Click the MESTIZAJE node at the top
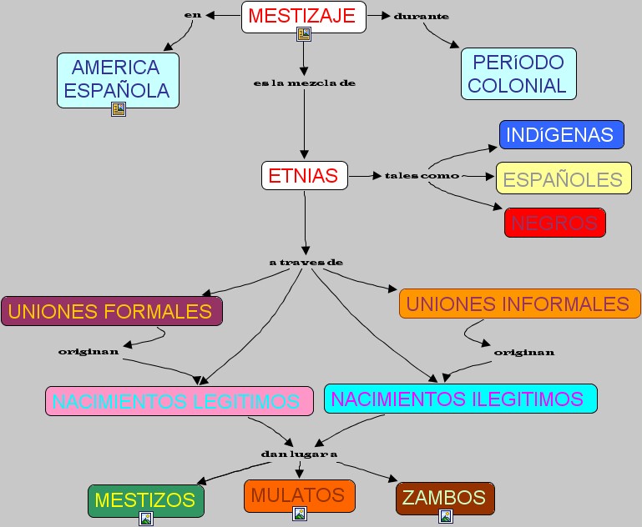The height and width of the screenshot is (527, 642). coord(303,15)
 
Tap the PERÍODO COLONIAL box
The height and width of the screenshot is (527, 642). coord(518,73)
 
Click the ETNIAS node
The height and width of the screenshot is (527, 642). coord(304,175)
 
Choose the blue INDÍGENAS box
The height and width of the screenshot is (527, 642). coord(561,134)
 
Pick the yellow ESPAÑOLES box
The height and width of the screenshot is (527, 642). coord(564,179)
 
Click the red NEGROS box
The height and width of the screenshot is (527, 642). coord(554,223)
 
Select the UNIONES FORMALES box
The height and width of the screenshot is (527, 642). coord(111,312)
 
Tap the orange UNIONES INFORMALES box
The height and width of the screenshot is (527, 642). coord(518,304)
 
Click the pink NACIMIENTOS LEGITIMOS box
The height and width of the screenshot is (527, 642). coord(179,401)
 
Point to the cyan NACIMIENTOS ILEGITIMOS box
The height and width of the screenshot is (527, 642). coord(460,399)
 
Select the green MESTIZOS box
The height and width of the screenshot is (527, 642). coord(145,500)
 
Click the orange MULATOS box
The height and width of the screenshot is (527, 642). coord(299,495)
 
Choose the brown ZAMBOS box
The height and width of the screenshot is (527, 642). coord(445,498)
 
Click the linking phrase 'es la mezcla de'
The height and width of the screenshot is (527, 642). coord(304,83)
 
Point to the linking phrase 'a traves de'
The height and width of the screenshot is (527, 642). coord(306,262)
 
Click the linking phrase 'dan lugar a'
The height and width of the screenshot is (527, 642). coord(298,454)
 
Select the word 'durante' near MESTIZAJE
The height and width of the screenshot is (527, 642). coord(421,16)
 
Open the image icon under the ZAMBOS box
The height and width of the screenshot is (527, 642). coord(446,516)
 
